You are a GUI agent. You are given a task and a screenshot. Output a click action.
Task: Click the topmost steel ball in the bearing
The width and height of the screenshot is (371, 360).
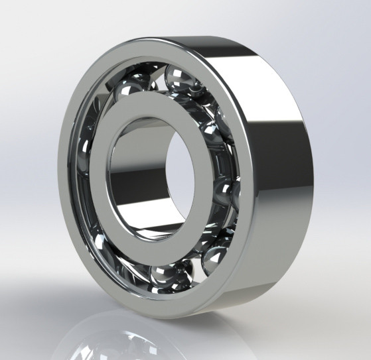click(x=181, y=77)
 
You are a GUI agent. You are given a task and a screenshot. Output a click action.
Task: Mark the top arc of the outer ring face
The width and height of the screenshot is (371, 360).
click(x=153, y=46)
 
